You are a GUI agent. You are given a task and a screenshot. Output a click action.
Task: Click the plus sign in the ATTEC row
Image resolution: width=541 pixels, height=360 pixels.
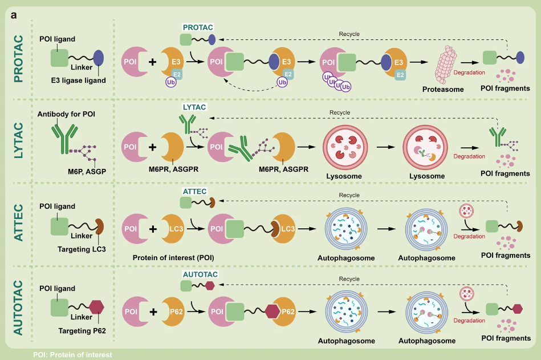tap(153, 229)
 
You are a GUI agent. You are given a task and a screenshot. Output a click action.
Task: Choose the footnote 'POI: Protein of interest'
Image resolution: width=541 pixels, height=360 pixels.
tap(72, 355)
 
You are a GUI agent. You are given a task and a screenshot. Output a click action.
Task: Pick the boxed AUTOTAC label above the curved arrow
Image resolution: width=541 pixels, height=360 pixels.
tap(201, 274)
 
